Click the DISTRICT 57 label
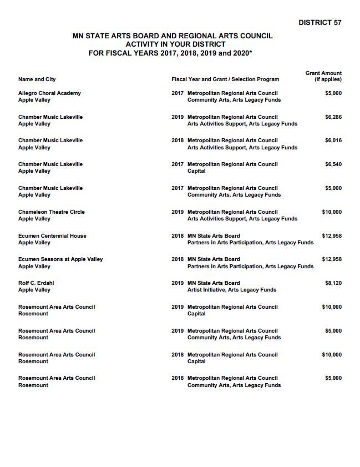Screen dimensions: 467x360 coord(320,23)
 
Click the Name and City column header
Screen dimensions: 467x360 coord(37,79)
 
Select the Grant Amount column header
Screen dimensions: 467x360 coord(323,76)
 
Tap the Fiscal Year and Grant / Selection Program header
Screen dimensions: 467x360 coord(225,79)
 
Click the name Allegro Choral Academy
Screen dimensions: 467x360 coord(49,93)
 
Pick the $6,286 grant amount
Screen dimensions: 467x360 coord(333,117)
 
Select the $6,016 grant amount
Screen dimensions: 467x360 coord(333,140)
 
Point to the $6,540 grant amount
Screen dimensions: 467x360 coord(333,164)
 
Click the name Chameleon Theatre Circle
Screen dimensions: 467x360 coord(52,212)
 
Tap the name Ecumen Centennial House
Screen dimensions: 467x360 coord(52,236)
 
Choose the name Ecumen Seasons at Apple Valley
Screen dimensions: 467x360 coord(60,259)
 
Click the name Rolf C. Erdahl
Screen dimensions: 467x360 coord(36,283)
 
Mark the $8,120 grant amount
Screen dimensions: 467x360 coord(333,283)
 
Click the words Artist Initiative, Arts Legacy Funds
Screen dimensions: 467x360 coord(232,290)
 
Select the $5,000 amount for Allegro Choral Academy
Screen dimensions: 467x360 coord(333,93)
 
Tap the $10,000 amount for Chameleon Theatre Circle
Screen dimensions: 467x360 coord(332,212)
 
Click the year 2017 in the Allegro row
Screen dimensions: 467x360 coord(178,93)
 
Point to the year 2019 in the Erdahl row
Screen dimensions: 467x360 coord(178,283)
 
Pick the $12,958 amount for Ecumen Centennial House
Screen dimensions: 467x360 coord(332,236)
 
